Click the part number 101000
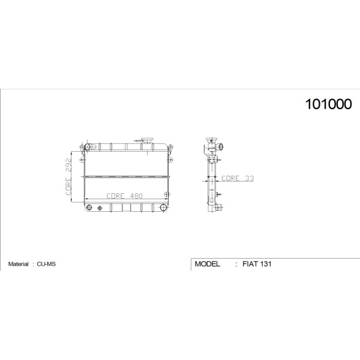tap(328, 104)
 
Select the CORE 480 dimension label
tap(124, 196)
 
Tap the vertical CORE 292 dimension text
tap(68, 177)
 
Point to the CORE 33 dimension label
tap(238, 178)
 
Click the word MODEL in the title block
tap(208, 264)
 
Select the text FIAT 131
tap(257, 264)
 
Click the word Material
tap(19, 264)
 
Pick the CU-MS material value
tap(46, 264)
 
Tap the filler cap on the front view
tap(147, 140)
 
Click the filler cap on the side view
tap(212, 140)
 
